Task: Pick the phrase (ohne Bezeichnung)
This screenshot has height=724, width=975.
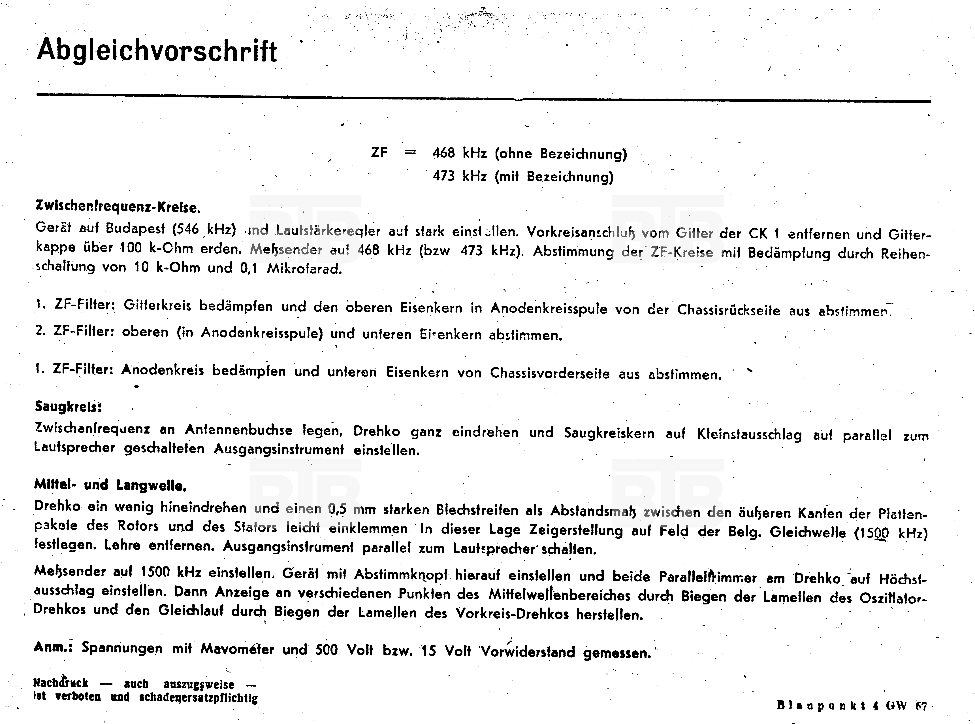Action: tap(561, 154)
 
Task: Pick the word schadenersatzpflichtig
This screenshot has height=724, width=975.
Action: tap(198, 697)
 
